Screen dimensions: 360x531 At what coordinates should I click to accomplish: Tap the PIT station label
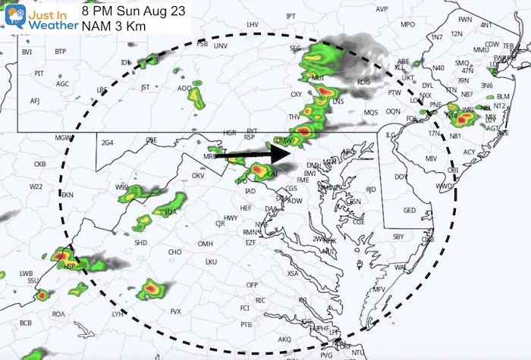tap(39, 74)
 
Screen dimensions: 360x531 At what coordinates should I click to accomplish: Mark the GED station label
tap(410, 211)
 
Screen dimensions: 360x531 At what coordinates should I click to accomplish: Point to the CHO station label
tap(174, 252)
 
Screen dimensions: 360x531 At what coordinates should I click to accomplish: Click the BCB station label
tap(26, 324)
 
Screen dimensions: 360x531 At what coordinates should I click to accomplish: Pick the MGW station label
tap(62, 137)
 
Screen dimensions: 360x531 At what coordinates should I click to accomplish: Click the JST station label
tap(145, 87)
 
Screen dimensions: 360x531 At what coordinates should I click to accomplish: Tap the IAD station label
tap(250, 191)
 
